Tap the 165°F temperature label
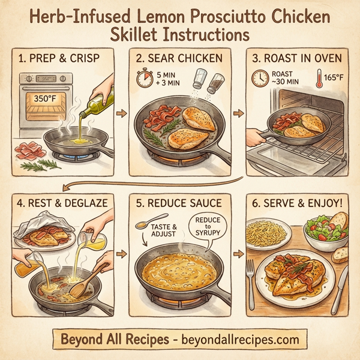[x=334, y=78]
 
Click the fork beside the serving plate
[x=250, y=282]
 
